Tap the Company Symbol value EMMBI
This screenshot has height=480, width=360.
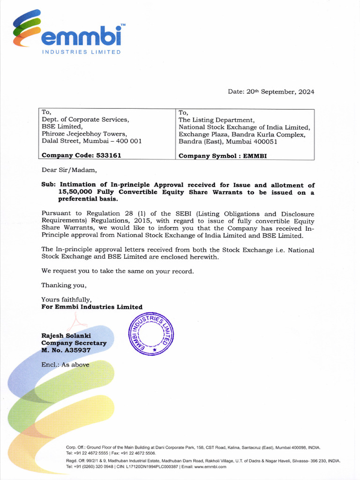coord(255,156)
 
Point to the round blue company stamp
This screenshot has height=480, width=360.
coord(151,334)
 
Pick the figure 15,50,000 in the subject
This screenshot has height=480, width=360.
coord(75,192)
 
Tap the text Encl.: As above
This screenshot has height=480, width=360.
coord(65,365)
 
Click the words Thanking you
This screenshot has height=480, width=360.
coord(64,285)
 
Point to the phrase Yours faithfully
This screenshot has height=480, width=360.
coord(66,300)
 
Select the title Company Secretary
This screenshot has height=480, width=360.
coord(74,343)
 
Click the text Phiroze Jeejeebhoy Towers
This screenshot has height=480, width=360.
coord(84,134)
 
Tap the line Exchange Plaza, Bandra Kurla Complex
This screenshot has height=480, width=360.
coord(242,135)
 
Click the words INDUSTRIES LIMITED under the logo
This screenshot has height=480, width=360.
coord(82,52)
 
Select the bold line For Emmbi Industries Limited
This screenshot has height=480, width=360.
coord(92,307)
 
